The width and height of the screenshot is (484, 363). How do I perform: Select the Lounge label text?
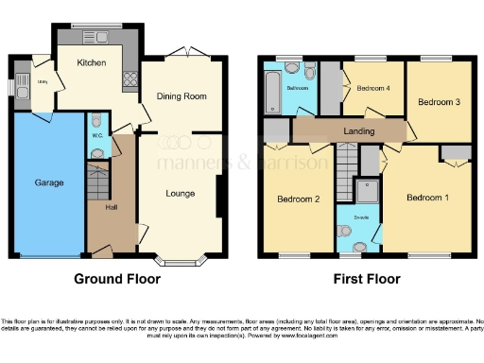pos(181,194)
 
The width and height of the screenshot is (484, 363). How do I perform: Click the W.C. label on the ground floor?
pos(98,134)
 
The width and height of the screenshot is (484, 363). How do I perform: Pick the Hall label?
pos(111,207)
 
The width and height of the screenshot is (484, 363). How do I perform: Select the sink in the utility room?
pos(20,91)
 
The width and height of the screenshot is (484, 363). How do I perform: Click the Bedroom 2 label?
pos(297,199)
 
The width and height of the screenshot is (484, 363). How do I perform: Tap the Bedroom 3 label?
pos(439,101)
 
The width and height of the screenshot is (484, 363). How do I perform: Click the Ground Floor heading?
pos(117,279)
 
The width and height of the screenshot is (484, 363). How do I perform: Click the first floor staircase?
pos(346,164)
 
